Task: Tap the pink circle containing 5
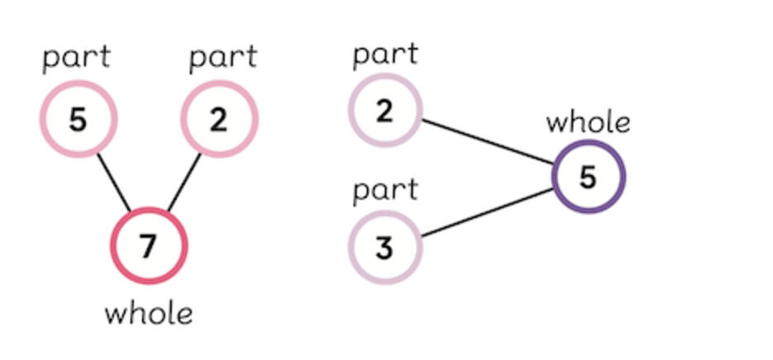(78, 121)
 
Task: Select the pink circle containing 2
(219, 121)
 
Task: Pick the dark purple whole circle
(588, 178)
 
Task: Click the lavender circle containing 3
(385, 247)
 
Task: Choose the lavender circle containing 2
(385, 111)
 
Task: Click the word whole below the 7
(149, 314)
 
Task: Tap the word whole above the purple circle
(588, 122)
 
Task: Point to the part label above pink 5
(76, 58)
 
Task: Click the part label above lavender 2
(385, 55)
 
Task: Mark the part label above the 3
(385, 190)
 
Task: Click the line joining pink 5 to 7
(114, 182)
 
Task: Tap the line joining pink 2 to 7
(184, 182)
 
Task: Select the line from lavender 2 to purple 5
(487, 141)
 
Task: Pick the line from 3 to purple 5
(487, 214)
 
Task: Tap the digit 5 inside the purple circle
(588, 178)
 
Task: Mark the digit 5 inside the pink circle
(78, 121)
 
